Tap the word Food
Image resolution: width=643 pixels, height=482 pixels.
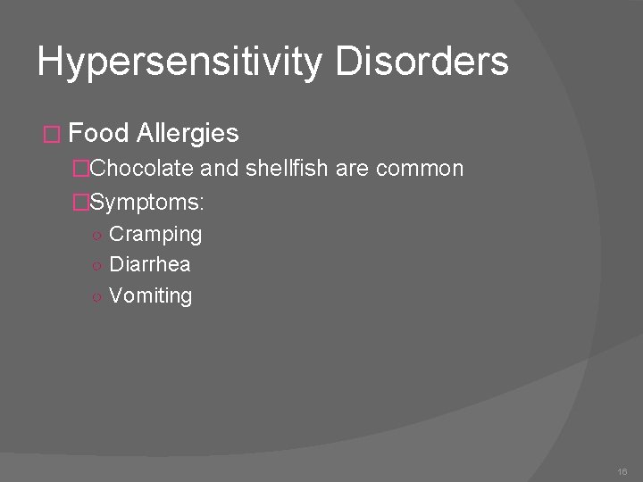pyautogui.click(x=99, y=134)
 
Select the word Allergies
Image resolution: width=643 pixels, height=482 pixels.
pyautogui.click(x=188, y=134)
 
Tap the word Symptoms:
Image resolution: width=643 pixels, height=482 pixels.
pyautogui.click(x=147, y=203)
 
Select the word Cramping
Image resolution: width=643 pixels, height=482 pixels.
pyautogui.click(x=155, y=235)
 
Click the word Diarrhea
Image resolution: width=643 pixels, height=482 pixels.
pyautogui.click(x=150, y=265)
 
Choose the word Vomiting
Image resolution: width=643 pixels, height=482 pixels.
pyautogui.click(x=150, y=295)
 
